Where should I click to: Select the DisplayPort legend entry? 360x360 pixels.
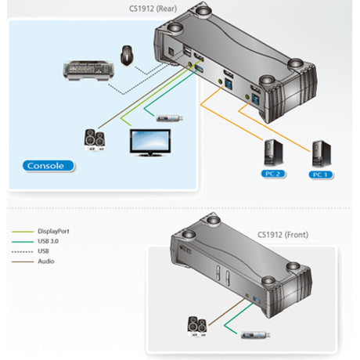pos(52,232)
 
